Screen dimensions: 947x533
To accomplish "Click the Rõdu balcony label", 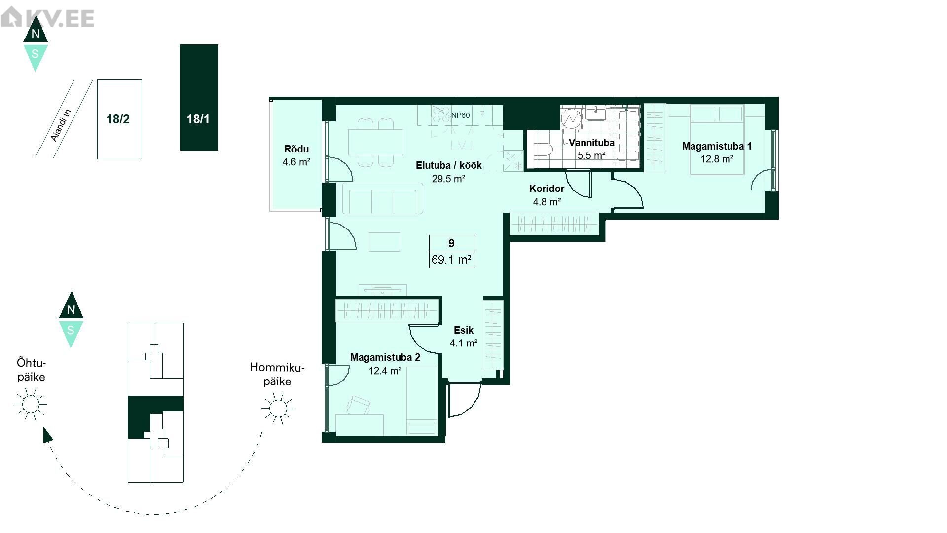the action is coord(296,149).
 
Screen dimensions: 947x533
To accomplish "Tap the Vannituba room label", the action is coord(591,143).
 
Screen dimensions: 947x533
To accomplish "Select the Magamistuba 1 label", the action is coord(717,146).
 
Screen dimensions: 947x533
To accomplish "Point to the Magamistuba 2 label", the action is coord(385,357).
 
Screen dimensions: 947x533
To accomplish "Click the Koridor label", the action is coord(546,189).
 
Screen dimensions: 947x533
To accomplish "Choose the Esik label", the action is coord(464,330).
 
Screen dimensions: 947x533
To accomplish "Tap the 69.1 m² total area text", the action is coord(452,260).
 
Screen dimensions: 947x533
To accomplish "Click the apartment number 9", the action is coord(452,243).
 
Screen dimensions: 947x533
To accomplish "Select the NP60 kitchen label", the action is coord(460,115).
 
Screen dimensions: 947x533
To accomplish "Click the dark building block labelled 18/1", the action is coord(199,97).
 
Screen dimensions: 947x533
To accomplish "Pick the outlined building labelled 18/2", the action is coord(119,119).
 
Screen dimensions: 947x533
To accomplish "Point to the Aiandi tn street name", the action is coord(62,125).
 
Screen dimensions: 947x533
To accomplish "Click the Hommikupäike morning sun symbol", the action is coord(278,408).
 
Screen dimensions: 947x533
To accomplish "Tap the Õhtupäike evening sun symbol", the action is coord(31,405).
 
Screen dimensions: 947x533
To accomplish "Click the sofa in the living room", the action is coord(383,198).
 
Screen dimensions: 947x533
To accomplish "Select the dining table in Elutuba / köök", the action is coord(376,142).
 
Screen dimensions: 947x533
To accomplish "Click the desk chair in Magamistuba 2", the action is coord(358,406).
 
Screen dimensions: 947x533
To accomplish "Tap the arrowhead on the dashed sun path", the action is coord(47,435).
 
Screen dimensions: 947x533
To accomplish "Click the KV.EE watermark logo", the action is coord(47,18).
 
